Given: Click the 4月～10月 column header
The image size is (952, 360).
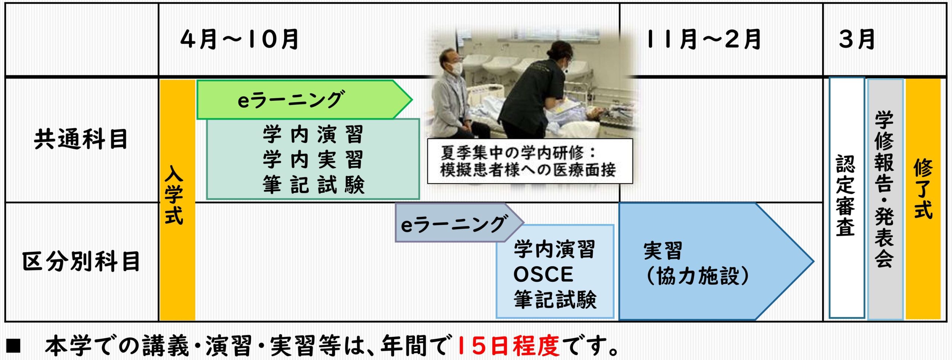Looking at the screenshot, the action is (x=239, y=39).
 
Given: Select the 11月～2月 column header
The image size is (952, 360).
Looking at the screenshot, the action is (x=704, y=39).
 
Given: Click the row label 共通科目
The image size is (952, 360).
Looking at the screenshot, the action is (x=81, y=139).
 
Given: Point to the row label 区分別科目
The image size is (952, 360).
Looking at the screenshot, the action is (x=81, y=261).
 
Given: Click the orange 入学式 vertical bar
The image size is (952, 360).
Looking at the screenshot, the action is (x=177, y=200).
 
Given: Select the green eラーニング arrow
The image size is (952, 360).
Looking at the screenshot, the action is (x=304, y=100).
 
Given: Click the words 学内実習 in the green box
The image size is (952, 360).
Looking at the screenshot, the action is (x=313, y=160).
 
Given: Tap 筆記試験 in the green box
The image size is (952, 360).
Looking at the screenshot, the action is (x=313, y=185).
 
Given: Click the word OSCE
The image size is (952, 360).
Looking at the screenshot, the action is (x=543, y=274).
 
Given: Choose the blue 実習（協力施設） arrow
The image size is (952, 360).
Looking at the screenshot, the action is (x=716, y=261).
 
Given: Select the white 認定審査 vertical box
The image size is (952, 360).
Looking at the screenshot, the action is (x=847, y=198).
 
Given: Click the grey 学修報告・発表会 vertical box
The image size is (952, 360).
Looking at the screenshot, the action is (x=885, y=199).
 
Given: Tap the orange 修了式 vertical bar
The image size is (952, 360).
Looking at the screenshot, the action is (x=923, y=199).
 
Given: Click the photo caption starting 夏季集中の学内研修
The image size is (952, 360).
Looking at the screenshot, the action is (x=530, y=161).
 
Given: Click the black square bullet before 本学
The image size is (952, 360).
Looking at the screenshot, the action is (x=14, y=346).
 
